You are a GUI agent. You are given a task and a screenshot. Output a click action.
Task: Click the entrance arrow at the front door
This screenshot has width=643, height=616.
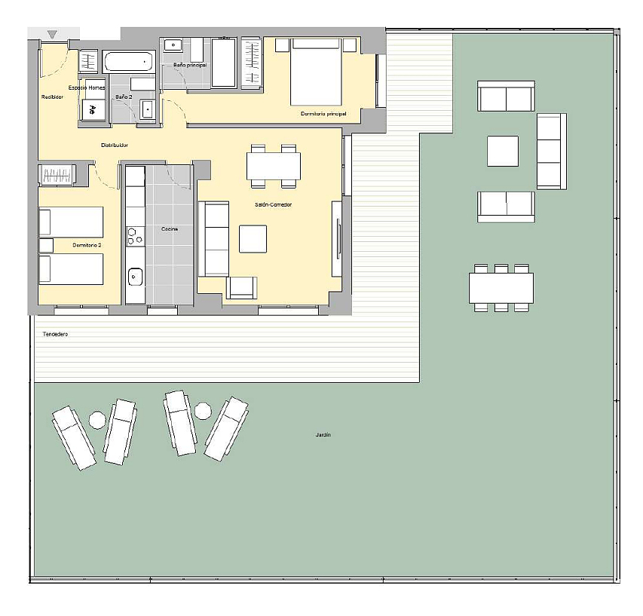pyautogui.click(x=52, y=34)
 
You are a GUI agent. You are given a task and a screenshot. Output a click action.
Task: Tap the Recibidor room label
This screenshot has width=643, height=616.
pyautogui.click(x=52, y=97)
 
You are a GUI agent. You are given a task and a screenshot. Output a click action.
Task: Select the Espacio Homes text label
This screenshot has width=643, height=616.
pyautogui.click(x=87, y=88)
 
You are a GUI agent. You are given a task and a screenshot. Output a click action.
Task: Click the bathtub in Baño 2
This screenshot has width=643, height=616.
pyautogui.click(x=128, y=61)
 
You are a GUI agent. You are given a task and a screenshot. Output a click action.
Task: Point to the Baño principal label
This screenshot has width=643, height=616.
pyautogui.click(x=189, y=66)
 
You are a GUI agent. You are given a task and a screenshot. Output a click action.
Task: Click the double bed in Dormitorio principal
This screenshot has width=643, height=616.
pyautogui.click(x=315, y=72)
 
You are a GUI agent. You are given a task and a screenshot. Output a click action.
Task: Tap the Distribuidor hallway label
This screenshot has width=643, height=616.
pyautogui.click(x=114, y=145)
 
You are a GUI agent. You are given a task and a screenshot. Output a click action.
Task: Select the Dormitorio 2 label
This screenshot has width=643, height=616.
pyautogui.click(x=87, y=245)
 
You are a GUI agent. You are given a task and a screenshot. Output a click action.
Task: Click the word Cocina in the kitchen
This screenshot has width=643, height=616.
pyautogui.click(x=170, y=228)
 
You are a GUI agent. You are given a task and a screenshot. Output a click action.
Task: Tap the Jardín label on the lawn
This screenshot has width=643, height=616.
pyautogui.click(x=323, y=435)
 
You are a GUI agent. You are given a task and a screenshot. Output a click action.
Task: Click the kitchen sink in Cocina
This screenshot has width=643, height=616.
pyautogui.click(x=136, y=277)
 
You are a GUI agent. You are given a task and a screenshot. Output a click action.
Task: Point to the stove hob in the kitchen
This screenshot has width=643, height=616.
pyautogui.click(x=136, y=236)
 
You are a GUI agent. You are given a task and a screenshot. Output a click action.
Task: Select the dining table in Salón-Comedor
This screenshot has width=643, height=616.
pyautogui.click(x=274, y=165)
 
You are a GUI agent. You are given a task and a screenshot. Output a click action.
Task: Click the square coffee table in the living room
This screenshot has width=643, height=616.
pyautogui.click(x=253, y=238)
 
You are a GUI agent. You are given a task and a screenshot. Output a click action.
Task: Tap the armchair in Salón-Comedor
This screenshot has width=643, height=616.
pyautogui.click(x=242, y=287)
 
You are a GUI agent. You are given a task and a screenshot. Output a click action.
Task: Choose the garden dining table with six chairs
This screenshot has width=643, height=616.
pyautogui.click(x=501, y=287)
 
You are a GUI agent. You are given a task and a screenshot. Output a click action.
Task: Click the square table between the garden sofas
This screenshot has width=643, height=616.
pyautogui.click(x=502, y=151)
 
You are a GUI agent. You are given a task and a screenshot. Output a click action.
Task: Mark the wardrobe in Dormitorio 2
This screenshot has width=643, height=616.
pyautogui.click(x=57, y=176)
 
